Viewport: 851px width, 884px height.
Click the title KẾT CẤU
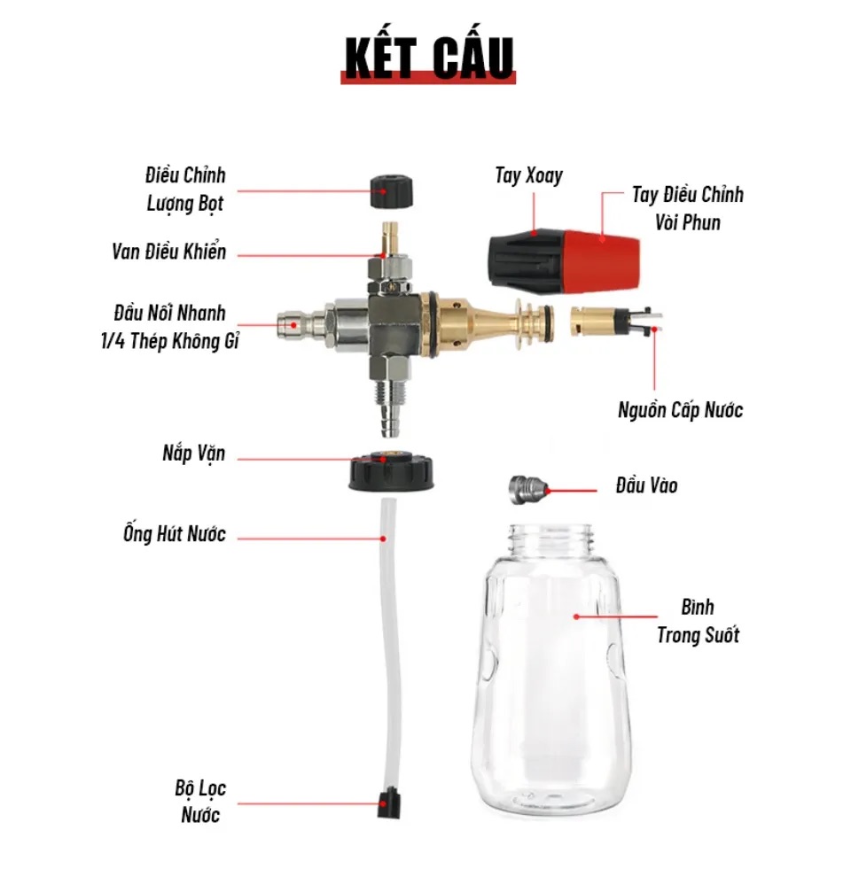(x=428, y=58)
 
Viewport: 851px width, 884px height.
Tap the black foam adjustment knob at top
(x=391, y=191)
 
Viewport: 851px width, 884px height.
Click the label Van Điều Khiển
(x=168, y=252)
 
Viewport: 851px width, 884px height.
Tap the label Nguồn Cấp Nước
(x=680, y=410)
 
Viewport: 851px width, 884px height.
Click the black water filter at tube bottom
(x=389, y=803)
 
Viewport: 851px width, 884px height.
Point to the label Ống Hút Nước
(x=175, y=533)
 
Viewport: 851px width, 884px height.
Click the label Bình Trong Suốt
(x=698, y=621)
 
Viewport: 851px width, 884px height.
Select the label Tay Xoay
(x=528, y=175)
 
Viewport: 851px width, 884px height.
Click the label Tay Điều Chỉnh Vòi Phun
(x=687, y=208)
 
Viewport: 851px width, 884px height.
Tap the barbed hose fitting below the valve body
(x=389, y=407)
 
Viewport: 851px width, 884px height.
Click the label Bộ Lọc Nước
(x=200, y=801)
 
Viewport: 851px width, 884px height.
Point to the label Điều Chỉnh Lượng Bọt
(x=185, y=190)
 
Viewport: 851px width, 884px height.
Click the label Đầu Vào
(x=647, y=485)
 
